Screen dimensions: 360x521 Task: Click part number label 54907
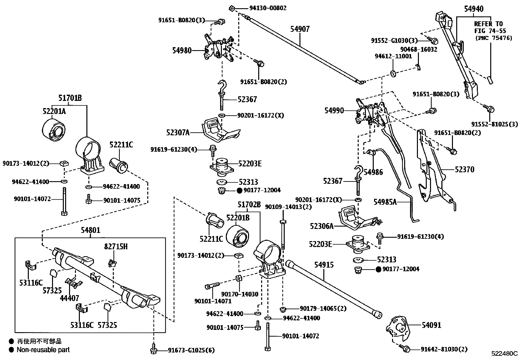300,29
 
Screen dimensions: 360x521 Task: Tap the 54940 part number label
474,9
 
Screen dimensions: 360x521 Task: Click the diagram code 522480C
504,354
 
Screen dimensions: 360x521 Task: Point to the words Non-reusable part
43,350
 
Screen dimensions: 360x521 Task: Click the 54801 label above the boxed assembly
91,230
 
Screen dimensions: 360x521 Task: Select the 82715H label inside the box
116,247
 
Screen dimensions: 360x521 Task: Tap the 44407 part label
69,298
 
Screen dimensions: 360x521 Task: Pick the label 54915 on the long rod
324,265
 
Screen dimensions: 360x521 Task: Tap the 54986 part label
373,172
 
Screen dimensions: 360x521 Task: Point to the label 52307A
178,132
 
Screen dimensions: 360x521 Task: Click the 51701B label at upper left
70,98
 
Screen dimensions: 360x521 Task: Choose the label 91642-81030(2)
444,350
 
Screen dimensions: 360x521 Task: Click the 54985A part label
385,202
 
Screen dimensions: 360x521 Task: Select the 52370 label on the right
464,169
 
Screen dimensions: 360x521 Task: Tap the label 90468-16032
419,49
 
